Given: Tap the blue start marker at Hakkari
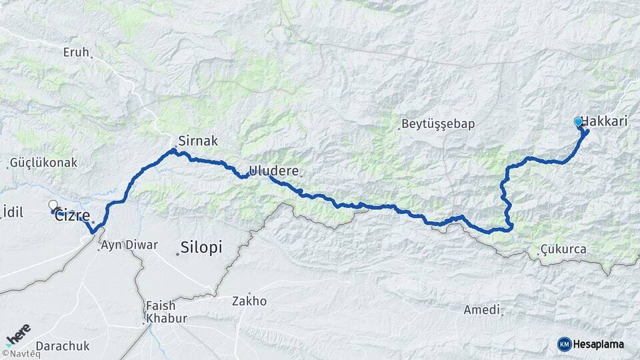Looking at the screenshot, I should tap(578, 122).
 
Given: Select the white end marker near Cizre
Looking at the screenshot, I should tap(53, 205).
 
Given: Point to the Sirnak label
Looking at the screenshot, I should tap(197, 141).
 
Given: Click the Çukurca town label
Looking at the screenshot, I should tap(564, 250).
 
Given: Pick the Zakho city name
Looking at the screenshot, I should tap(249, 301).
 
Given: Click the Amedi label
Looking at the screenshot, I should tap(482, 310).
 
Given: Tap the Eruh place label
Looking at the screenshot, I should tap(76, 52).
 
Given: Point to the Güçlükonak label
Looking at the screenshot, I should tap(45, 163).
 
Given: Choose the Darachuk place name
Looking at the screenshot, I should tap(62, 346).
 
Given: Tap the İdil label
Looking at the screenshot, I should tap(13, 211).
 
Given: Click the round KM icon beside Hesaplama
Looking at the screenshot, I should tap(564, 344).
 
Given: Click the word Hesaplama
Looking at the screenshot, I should tap(598, 344).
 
